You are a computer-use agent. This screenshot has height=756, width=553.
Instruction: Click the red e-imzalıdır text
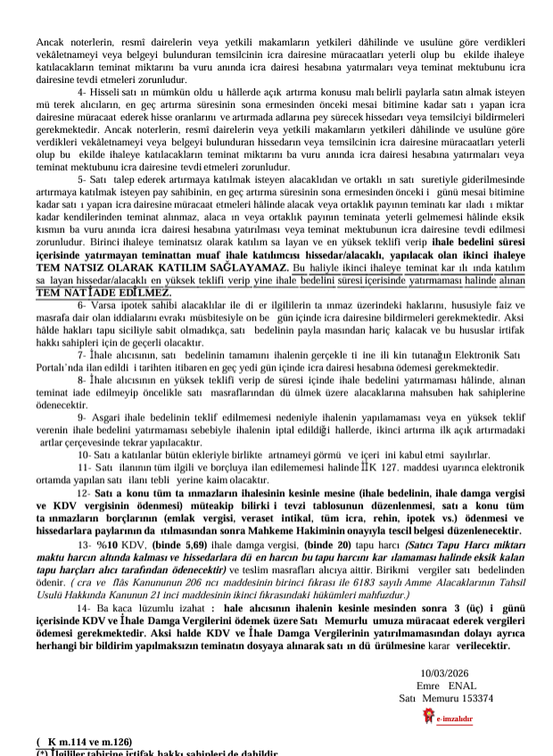(x=455, y=719)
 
